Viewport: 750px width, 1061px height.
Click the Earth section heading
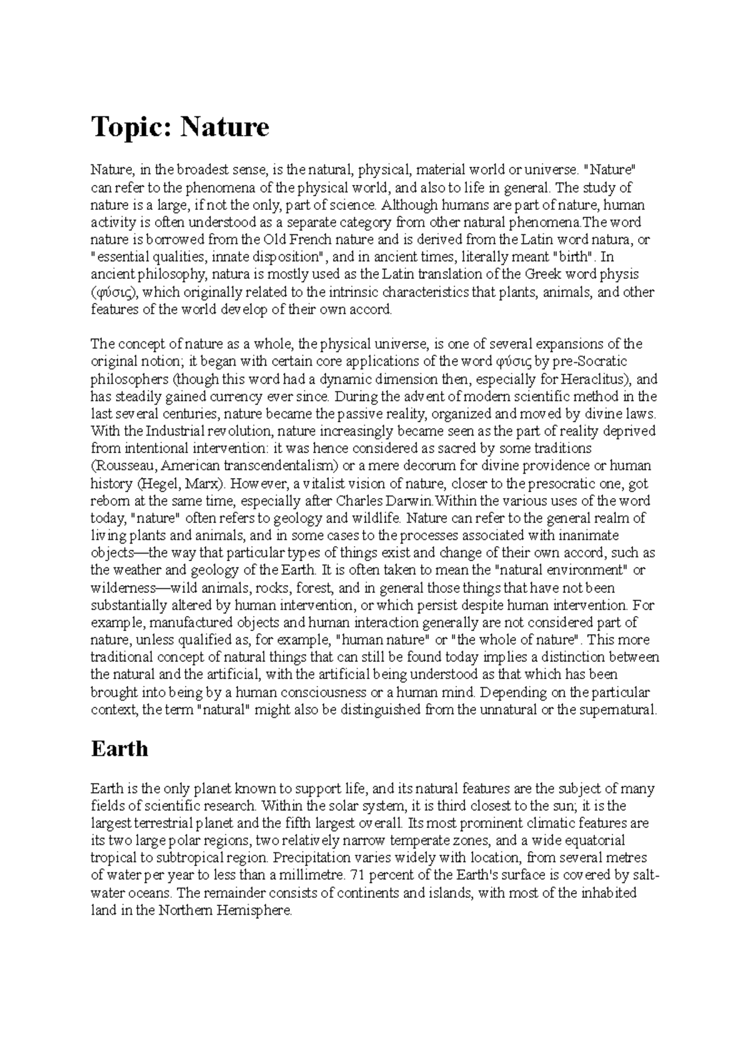click(x=119, y=749)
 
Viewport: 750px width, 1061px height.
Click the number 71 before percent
click(x=358, y=875)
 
